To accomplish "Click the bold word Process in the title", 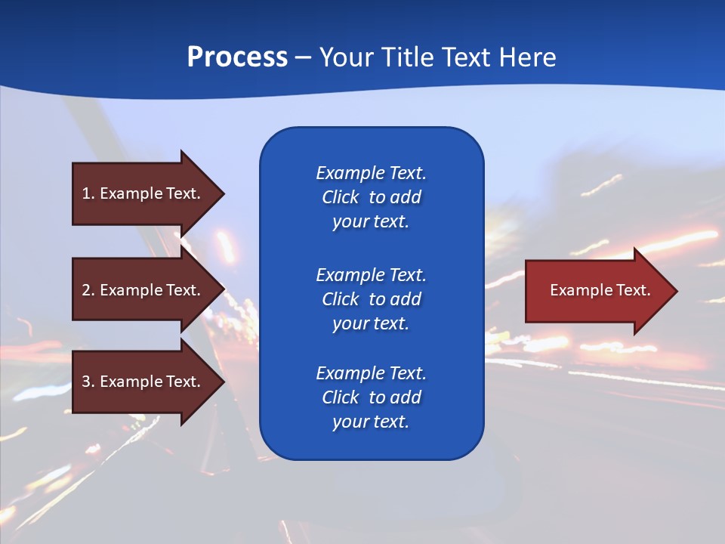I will pos(237,57).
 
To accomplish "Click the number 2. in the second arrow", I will pos(88,290).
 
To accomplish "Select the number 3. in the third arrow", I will pos(88,382).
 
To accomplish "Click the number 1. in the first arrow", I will pos(88,193).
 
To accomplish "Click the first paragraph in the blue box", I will pos(371,197).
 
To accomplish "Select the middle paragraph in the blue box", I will pos(371,299).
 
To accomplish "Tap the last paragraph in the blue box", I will pos(371,397).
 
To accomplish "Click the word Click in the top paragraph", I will pos(341,198).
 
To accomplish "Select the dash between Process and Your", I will pos(303,57).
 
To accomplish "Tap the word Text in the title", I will pos(467,57).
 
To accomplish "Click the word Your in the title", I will pos(346,57).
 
